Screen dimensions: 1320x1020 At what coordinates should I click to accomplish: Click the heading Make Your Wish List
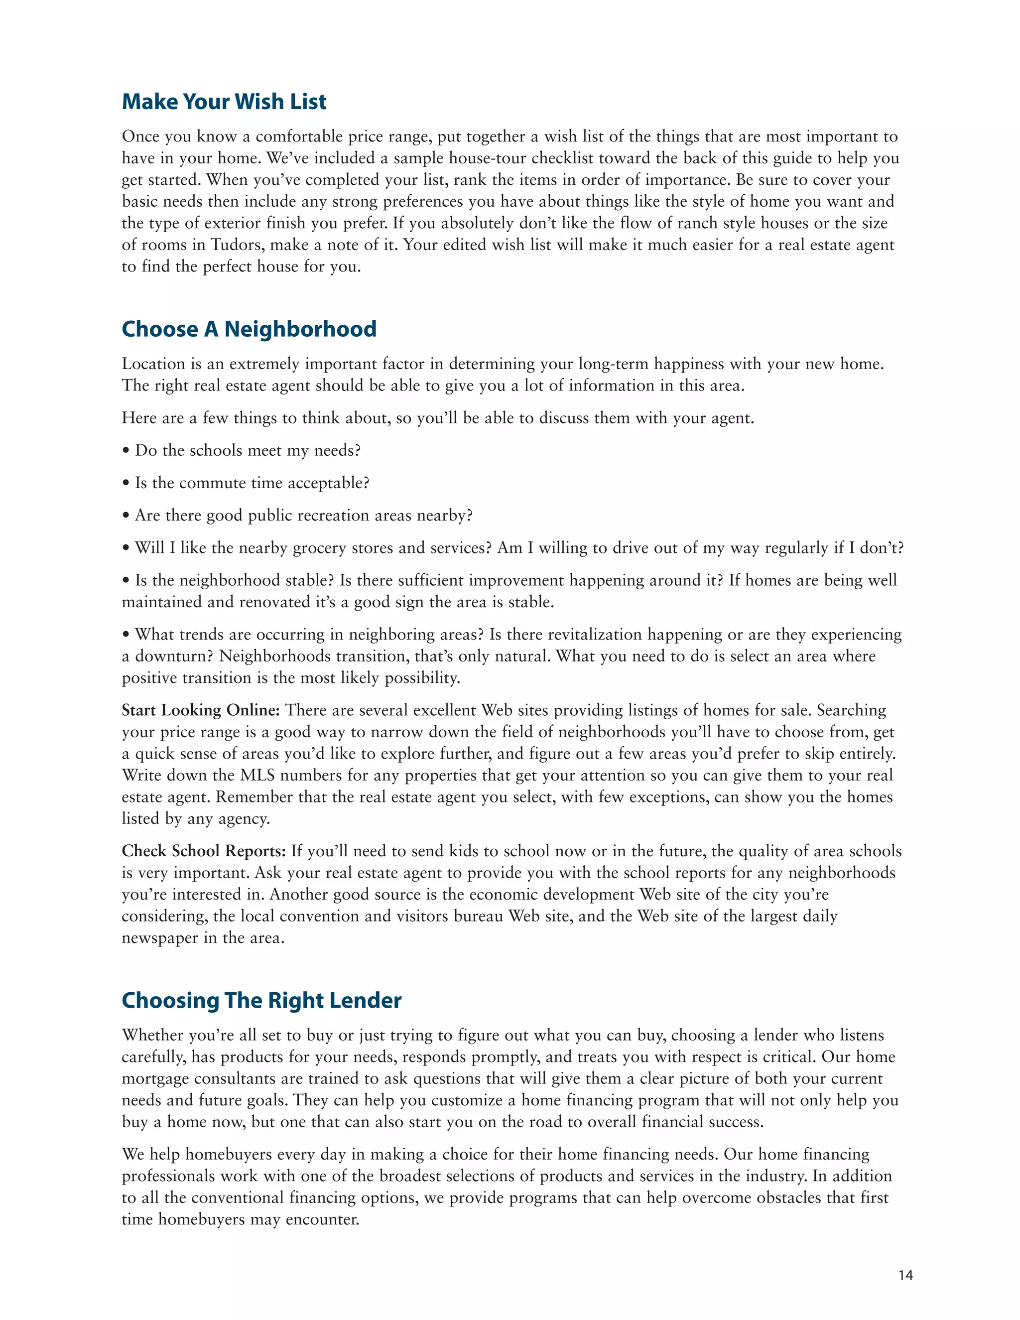(224, 102)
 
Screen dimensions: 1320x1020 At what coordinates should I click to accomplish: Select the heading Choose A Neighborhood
(249, 329)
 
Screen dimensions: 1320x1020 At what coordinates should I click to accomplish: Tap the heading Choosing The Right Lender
(261, 1000)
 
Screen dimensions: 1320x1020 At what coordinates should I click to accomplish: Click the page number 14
(905, 1275)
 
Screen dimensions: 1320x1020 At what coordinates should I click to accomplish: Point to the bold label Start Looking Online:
(201, 710)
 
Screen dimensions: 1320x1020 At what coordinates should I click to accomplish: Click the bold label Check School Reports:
(204, 851)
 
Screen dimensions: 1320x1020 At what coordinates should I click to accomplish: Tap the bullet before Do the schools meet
(126, 451)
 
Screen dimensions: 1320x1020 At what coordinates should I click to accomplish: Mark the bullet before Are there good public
(126, 516)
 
